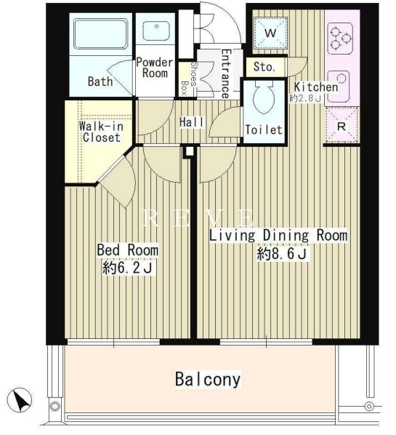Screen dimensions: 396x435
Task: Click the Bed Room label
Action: pos(127,250)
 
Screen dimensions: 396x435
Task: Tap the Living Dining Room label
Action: pos(278,235)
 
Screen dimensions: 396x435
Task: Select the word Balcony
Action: pos(208,379)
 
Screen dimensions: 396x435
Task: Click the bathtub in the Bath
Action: pos(101,33)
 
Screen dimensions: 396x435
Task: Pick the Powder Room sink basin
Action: pos(156,31)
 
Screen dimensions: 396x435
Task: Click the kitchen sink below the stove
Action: pos(338,87)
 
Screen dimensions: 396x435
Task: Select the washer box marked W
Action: pos(270,33)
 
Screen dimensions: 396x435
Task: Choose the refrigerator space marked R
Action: pos(342,127)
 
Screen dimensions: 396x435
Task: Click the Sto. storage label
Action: pos(264,67)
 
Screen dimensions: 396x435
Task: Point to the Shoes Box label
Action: pos(190,79)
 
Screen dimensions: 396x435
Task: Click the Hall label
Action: pos(192,122)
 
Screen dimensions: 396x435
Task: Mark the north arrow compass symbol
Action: pos(19,400)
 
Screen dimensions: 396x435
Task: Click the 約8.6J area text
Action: pos(281,253)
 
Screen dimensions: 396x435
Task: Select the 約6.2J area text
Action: pos(127,268)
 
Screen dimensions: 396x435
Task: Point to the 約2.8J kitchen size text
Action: pos(304,98)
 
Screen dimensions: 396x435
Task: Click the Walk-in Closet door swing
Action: pos(117,182)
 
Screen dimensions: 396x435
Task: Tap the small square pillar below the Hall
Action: pos(190,152)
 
